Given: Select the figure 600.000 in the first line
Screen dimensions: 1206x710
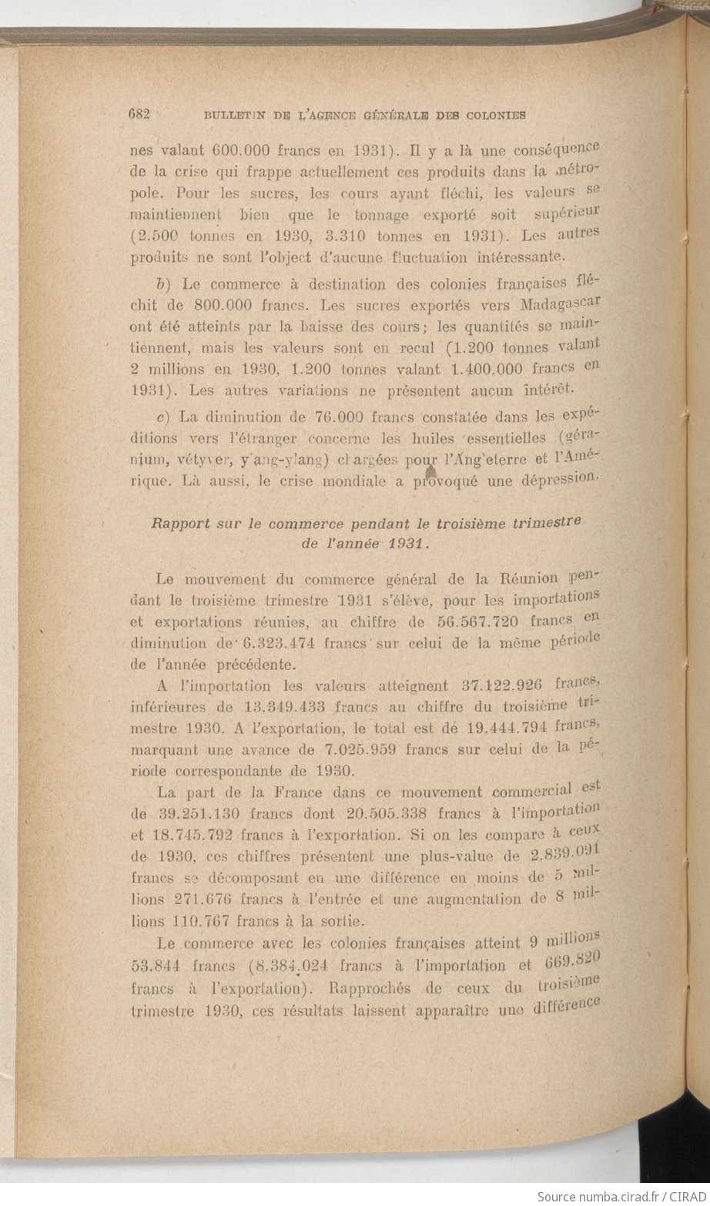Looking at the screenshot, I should tap(214, 151).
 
